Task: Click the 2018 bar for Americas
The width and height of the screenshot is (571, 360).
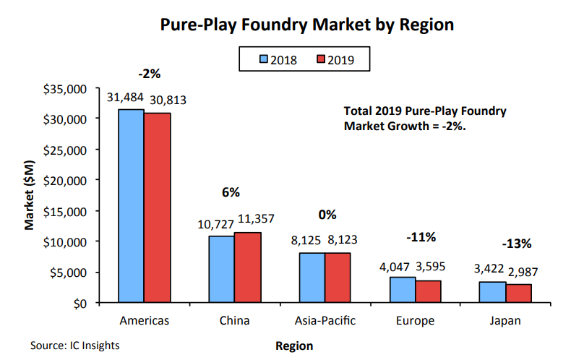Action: pos(131,205)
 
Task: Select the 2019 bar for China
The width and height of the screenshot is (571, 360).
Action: pos(247,267)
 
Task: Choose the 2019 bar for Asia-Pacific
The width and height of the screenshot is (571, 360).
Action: pos(338,277)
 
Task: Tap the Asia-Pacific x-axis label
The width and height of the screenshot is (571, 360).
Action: pos(325,320)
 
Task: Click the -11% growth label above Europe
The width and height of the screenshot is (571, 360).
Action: pos(421,237)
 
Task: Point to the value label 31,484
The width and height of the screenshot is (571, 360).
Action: pos(125,97)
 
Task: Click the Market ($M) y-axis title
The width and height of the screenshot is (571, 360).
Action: pos(30,196)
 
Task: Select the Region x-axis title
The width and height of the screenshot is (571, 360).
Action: pos(294,346)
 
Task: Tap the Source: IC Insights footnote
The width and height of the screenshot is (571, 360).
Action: pos(75,346)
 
